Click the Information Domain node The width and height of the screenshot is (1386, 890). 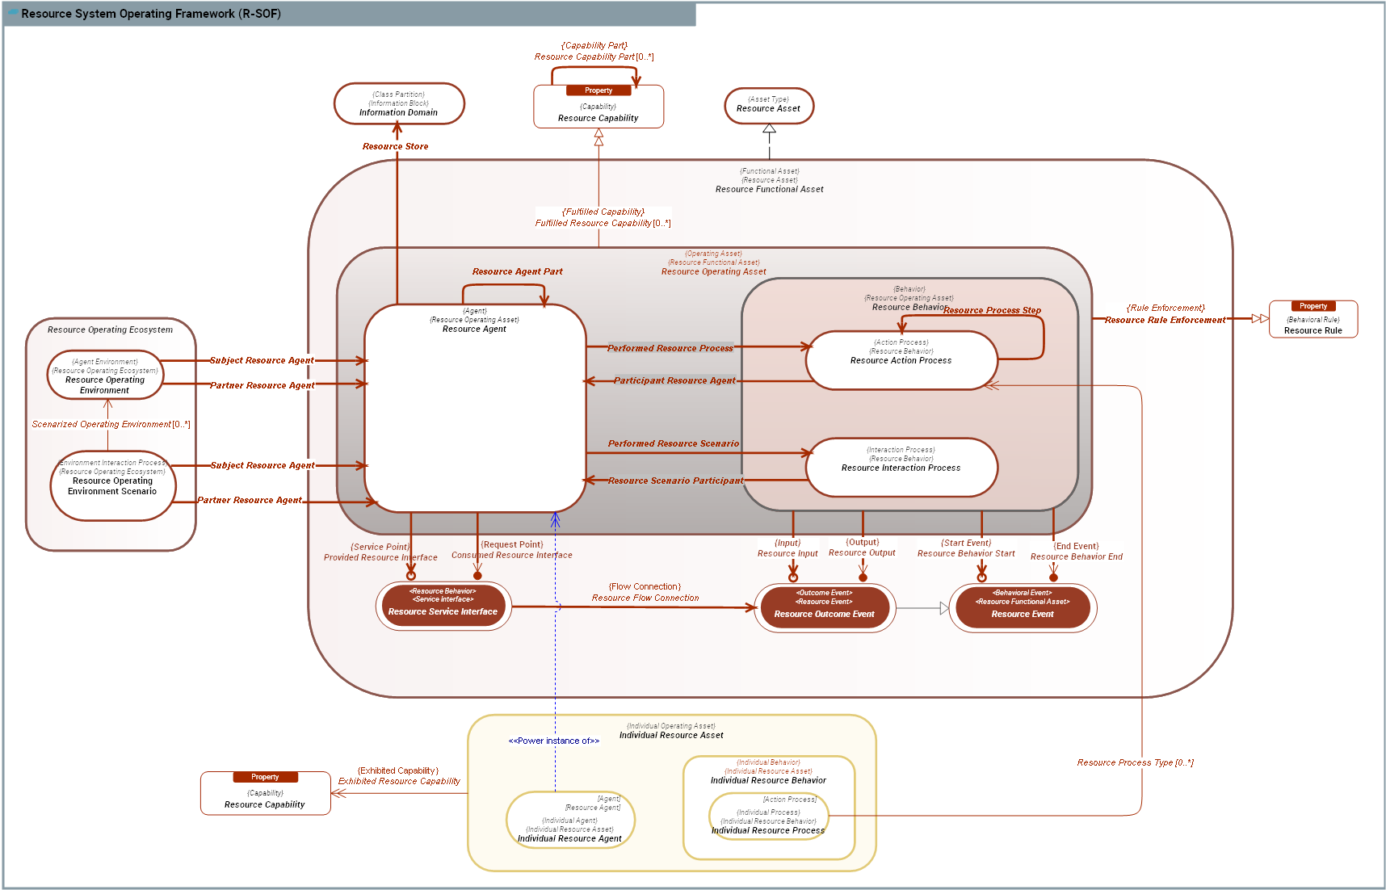pyautogui.click(x=399, y=104)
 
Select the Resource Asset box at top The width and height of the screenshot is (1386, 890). pyautogui.click(x=768, y=106)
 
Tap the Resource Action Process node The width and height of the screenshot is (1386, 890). pyautogui.click(x=901, y=360)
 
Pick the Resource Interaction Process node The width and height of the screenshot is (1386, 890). pyautogui.click(x=901, y=467)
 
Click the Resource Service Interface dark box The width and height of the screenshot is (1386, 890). pyautogui.click(x=443, y=607)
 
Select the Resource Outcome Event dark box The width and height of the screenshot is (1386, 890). pyautogui.click(x=824, y=608)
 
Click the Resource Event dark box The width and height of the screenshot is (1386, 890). pyautogui.click(x=1022, y=608)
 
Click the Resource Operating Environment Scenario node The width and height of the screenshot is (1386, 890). pyautogui.click(x=112, y=485)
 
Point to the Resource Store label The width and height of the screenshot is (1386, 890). pyautogui.click(x=395, y=146)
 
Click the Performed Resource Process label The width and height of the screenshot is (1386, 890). pyautogui.click(x=670, y=348)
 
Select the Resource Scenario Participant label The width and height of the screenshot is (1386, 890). pyautogui.click(x=675, y=481)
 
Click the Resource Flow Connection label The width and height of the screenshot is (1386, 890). pyautogui.click(x=645, y=598)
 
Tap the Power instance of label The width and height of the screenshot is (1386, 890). pyautogui.click(x=553, y=741)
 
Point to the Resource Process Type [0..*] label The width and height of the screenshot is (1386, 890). pyautogui.click(x=1134, y=762)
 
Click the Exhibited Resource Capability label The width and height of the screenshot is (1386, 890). pyautogui.click(x=399, y=781)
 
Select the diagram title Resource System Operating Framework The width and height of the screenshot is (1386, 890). pyautogui.click(x=150, y=14)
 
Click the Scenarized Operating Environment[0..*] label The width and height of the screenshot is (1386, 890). pyautogui.click(x=111, y=424)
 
